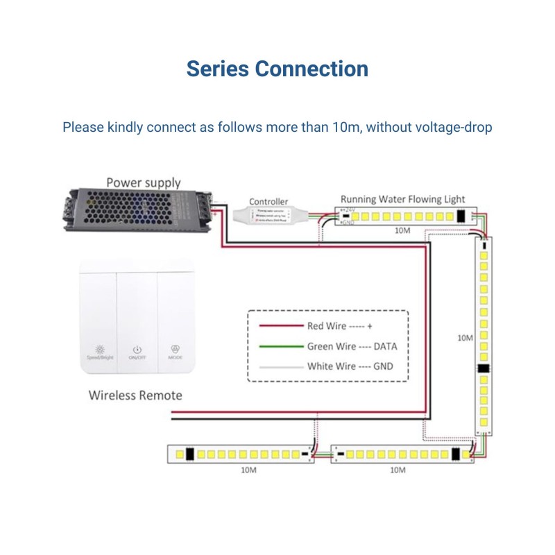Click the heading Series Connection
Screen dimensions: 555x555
[277, 69]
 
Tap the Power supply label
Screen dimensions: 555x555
[144, 183]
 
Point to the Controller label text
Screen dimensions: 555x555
[268, 201]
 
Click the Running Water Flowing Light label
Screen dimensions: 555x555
[402, 199]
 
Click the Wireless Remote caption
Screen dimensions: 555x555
[135, 395]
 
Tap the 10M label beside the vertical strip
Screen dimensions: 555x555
[465, 338]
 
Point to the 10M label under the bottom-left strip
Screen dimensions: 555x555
[249, 470]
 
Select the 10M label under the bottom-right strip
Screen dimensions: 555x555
[398, 470]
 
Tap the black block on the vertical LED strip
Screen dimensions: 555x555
[484, 369]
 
